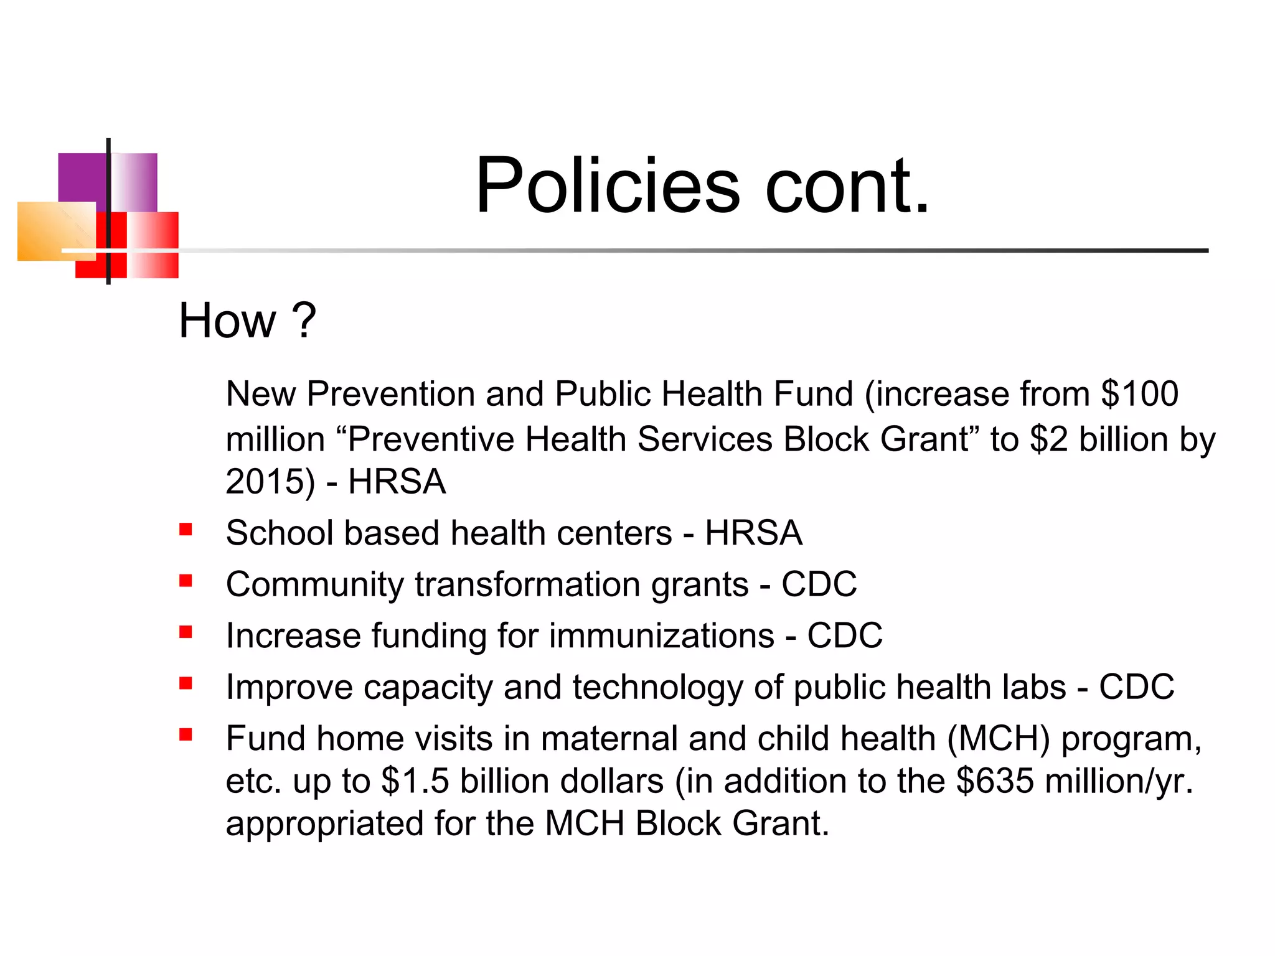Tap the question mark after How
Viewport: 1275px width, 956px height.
tap(304, 321)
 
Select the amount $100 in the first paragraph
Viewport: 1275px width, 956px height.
tap(1139, 394)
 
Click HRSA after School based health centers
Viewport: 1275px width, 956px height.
tap(753, 533)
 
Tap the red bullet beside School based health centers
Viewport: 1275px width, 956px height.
tap(186, 530)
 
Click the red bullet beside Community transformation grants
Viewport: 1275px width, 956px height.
tap(186, 581)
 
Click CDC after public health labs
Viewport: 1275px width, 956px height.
tap(1136, 687)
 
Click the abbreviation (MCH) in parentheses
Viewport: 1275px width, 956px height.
tap(998, 739)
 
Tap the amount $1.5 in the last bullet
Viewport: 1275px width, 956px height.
tap(415, 781)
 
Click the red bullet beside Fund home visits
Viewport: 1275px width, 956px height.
tap(186, 734)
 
